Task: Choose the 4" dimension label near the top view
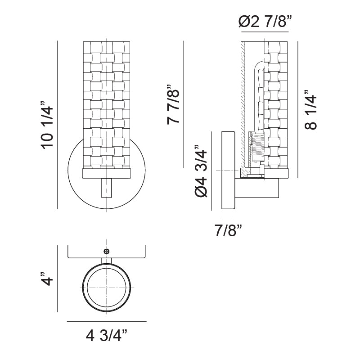[x=46, y=279]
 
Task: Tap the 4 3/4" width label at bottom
[x=107, y=336]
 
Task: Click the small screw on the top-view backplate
[x=107, y=251]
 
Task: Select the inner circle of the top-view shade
[x=107, y=287]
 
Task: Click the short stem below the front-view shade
[x=107, y=187]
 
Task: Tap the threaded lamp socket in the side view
[x=257, y=148]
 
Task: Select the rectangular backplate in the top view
[x=107, y=252]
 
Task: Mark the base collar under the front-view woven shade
[x=107, y=173]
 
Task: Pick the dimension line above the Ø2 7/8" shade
[x=264, y=32]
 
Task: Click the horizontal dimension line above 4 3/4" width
[x=107, y=322]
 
